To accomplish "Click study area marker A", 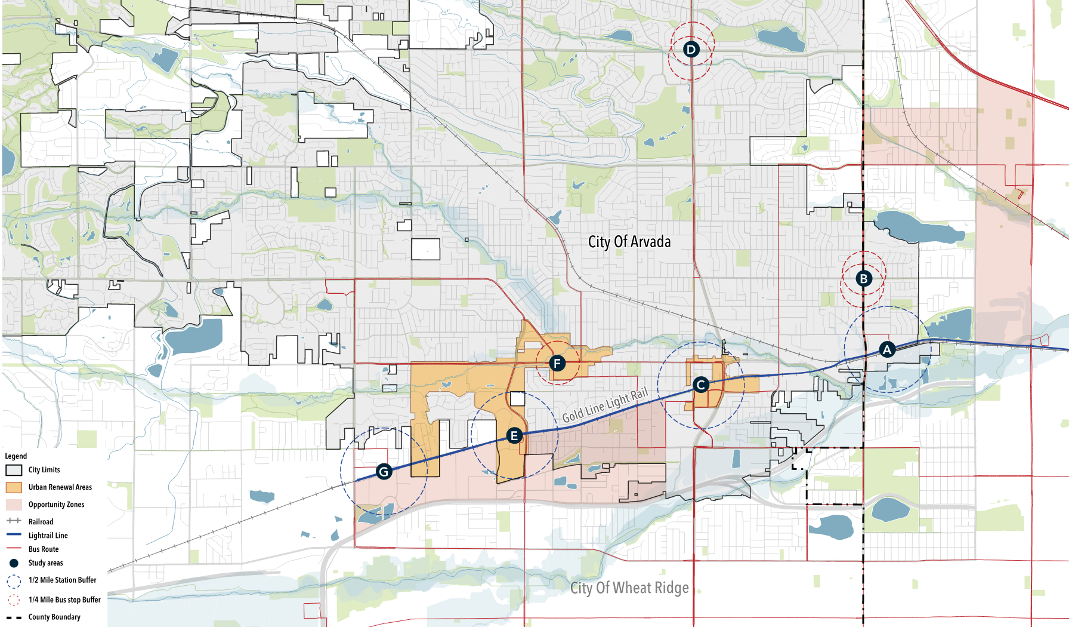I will coord(887,349).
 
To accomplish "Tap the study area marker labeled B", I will coord(863,278).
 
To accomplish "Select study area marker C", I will coord(701,385).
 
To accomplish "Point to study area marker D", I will coord(691,49).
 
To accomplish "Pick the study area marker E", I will coord(514,436).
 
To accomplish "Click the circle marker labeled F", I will coord(557,363).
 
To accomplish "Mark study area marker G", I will coord(384,472).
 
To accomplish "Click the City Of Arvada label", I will coord(629,242).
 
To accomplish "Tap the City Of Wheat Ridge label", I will coord(629,588).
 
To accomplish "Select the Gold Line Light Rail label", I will coord(605,405).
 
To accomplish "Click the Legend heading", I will coord(16,456).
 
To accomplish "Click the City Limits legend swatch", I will coord(14,471).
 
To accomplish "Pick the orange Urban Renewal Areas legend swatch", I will coord(14,487).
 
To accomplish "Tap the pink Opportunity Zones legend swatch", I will coord(14,505).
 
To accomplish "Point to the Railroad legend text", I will coord(41,522).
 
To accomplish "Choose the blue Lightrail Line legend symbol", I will coord(14,535).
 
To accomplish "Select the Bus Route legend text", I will coord(44,549).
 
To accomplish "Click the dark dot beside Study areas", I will coord(14,563).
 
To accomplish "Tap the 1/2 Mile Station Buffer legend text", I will coord(62,580).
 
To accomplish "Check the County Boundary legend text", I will coord(54,617).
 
